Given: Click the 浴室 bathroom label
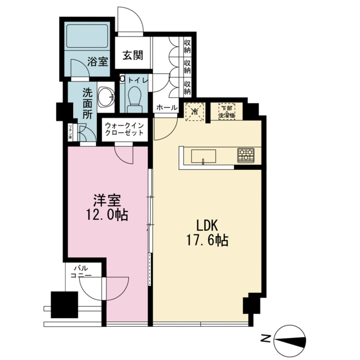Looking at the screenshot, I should [98, 62].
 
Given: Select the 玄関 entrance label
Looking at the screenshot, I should [133, 55].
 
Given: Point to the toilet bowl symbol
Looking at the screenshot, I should [134, 100].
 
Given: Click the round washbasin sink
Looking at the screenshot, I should [105, 97].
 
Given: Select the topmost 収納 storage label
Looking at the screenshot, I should [187, 44].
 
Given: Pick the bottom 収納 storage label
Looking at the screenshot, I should [187, 87].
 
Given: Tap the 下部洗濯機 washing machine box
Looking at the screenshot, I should [226, 111].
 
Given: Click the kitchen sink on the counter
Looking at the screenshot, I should [204, 155].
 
